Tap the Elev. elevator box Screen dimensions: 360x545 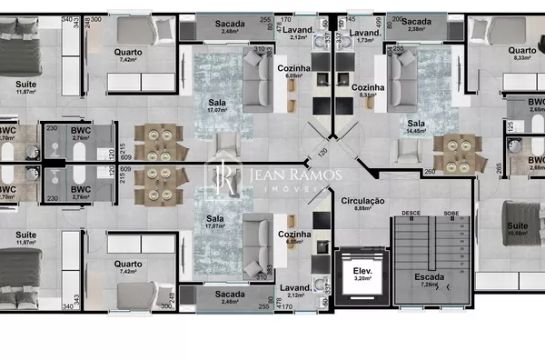[361, 274]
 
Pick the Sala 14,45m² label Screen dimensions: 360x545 [417, 126]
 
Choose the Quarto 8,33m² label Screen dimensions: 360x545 [521, 53]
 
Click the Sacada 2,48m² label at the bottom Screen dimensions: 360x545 [230, 296]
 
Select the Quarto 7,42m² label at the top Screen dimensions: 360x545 [127, 55]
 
